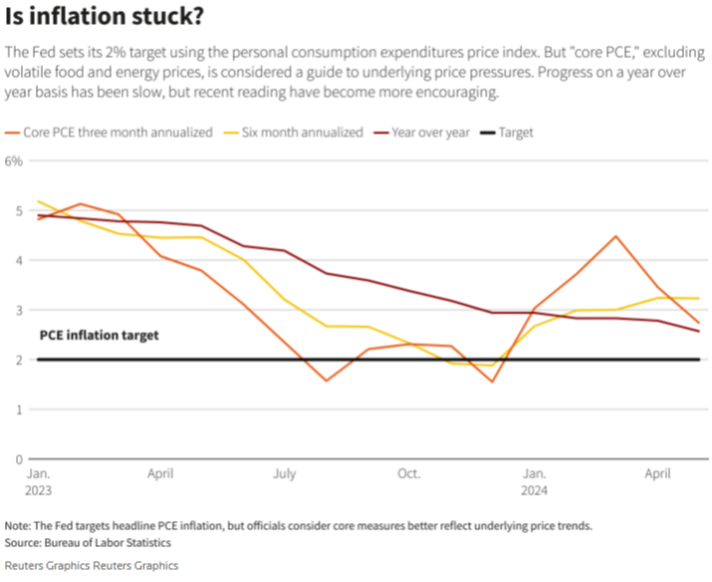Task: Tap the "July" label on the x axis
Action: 284,473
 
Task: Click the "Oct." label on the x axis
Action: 408,473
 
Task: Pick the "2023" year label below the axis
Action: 39,490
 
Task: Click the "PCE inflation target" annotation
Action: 98,335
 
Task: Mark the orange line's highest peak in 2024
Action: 616,237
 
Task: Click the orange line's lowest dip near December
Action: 491,381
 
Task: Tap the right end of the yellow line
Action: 698,298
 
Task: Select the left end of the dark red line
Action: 39,215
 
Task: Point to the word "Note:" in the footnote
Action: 18,525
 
